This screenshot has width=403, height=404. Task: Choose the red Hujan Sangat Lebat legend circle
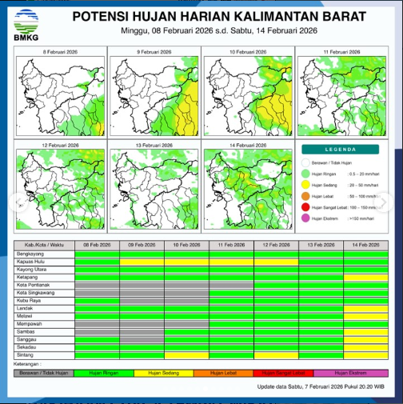tap(305, 206)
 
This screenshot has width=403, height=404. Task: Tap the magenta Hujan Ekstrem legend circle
tap(305, 218)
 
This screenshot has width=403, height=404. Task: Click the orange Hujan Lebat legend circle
tap(305, 195)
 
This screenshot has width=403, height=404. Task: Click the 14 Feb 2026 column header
tap(365, 244)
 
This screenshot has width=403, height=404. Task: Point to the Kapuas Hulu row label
tap(31, 261)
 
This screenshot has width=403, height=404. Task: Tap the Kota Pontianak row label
tap(34, 285)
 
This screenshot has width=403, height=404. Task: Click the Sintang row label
tap(26, 354)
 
